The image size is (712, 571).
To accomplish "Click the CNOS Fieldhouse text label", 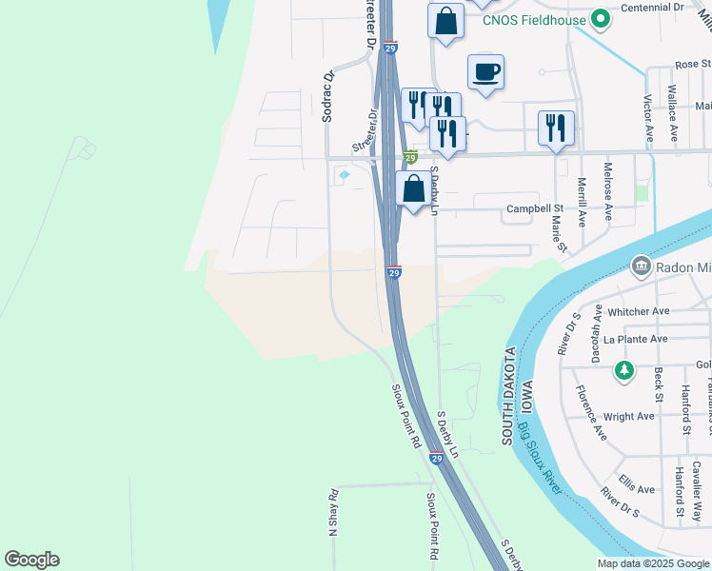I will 533,18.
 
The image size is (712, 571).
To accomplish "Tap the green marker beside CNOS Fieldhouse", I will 600,18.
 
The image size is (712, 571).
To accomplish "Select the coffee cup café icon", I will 485,72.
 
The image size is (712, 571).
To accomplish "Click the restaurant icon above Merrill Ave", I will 556,128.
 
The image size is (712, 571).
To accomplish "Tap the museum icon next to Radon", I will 641,266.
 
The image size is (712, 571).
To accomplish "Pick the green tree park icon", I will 623,369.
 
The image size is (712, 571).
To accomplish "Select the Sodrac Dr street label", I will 327,96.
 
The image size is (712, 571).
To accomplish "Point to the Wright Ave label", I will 628,416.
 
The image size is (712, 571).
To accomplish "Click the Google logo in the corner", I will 31,560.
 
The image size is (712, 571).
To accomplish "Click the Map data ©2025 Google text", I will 653,563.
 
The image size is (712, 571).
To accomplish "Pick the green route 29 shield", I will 409,157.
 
